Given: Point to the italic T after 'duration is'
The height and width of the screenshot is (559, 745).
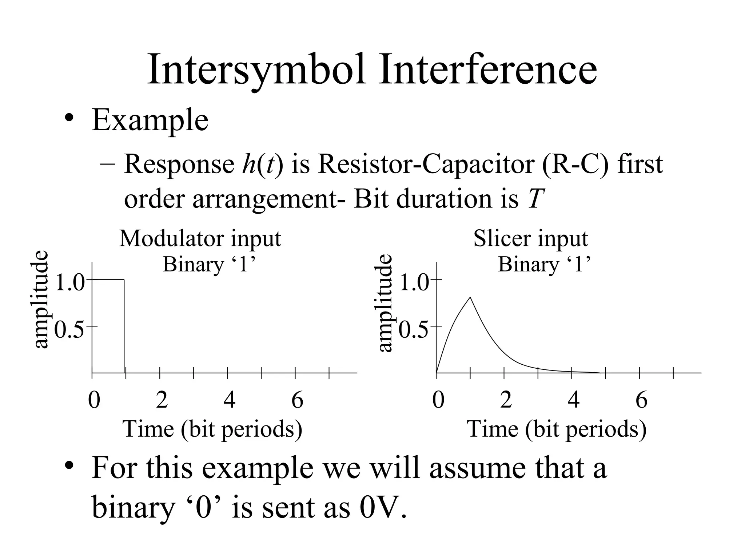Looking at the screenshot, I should (535, 199).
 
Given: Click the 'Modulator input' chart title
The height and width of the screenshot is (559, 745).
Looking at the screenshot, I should (200, 239).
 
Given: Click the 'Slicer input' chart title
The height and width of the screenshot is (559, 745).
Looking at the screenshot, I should (530, 239).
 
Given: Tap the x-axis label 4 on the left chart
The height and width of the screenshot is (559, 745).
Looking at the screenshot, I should (230, 400).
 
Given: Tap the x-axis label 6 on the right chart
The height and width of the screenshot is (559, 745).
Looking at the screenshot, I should (641, 400).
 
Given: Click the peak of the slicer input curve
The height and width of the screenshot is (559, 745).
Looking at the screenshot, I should (470, 297).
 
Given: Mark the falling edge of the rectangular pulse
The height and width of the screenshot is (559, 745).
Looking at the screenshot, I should (124, 326).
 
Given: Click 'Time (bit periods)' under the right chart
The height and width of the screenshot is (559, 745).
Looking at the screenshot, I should (557, 429).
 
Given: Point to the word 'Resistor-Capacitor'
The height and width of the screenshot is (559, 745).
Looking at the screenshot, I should (427, 164).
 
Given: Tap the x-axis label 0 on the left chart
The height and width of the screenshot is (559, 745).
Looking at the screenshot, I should (94, 400).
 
